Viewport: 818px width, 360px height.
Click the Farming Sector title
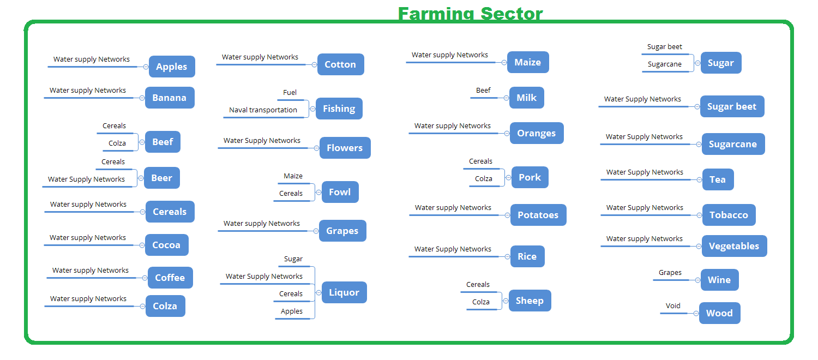(470, 14)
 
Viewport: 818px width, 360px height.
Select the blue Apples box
(172, 67)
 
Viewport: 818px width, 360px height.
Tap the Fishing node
(339, 109)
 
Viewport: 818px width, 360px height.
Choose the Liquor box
(344, 292)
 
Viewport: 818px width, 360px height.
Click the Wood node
(719, 313)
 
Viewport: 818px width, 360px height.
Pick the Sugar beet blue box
(732, 106)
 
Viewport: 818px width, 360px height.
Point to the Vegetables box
(734, 245)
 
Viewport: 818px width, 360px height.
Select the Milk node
(527, 98)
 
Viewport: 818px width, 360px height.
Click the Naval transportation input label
(263, 110)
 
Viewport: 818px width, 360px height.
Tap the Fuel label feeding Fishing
(290, 92)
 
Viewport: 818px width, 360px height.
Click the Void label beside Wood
(672, 305)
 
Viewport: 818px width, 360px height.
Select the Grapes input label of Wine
(670, 272)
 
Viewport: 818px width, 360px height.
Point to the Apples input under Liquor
(291, 311)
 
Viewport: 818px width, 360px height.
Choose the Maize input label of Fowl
(293, 176)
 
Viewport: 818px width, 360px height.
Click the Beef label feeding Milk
(483, 90)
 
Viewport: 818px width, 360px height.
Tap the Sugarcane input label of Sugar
(665, 64)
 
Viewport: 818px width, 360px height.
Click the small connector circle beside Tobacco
(699, 215)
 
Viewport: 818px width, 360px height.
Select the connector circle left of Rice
(507, 257)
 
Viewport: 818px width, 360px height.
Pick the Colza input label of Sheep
(480, 302)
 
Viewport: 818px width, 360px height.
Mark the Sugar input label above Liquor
(293, 259)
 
